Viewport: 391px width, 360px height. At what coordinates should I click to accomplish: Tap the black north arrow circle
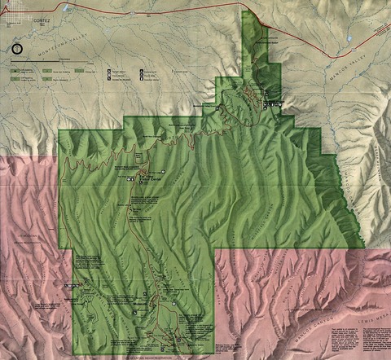pyautogui.click(x=18, y=49)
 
